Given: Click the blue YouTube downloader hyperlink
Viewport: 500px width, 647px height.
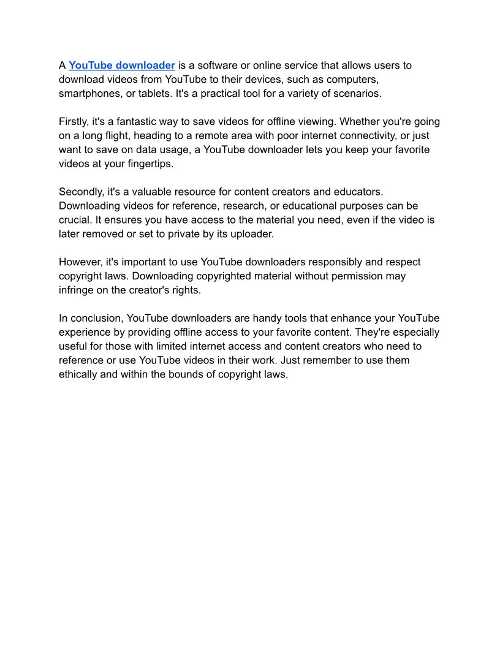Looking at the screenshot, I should (122, 66).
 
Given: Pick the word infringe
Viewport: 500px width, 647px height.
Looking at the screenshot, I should (76, 290).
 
